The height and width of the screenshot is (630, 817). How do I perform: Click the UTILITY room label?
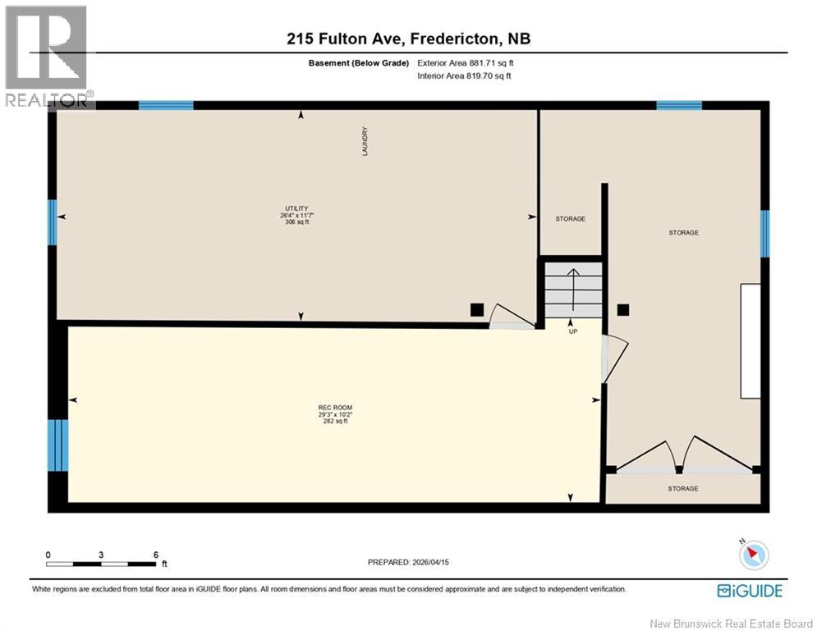[296, 208]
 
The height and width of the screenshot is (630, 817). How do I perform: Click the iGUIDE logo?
[749, 591]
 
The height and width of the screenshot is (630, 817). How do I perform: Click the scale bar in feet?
[102, 563]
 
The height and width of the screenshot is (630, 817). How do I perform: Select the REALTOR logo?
[48, 57]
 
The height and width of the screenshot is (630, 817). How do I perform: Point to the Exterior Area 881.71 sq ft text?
[465, 63]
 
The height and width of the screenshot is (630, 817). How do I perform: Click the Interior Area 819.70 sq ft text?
[465, 76]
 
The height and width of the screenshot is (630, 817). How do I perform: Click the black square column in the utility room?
[476, 309]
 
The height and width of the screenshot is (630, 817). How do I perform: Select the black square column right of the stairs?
[623, 309]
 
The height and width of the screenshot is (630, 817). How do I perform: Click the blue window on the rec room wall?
[57, 445]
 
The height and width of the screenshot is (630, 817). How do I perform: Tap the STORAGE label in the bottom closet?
[682, 489]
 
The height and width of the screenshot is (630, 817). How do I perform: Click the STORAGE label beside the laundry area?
[570, 219]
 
